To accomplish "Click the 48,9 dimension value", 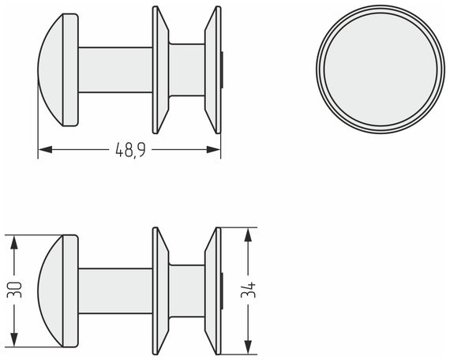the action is click(130, 149).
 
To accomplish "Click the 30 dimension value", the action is click(14, 290).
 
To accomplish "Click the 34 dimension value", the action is click(248, 291).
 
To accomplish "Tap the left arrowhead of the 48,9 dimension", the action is click(45, 149).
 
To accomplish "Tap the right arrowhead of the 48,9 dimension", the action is click(213, 149).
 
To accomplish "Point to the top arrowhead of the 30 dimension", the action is click(13, 242).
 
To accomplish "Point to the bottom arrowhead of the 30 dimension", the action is click(13, 339).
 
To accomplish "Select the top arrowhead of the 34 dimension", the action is click(248, 234).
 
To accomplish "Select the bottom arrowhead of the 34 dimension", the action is click(248, 347).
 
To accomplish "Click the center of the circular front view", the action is click(381, 69).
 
